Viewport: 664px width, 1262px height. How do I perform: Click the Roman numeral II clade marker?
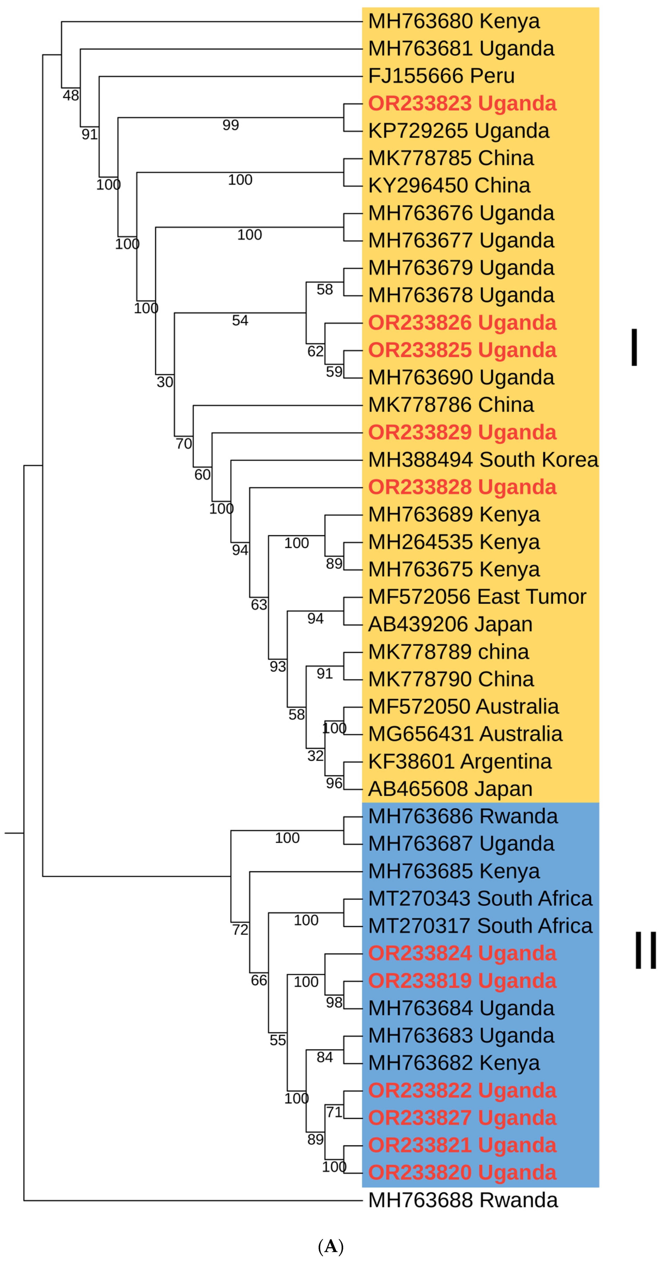(645, 950)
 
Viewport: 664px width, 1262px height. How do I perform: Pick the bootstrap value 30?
(165, 382)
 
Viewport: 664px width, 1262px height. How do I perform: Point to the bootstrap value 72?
(240, 930)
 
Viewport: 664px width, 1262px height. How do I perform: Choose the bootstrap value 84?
(324, 1057)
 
